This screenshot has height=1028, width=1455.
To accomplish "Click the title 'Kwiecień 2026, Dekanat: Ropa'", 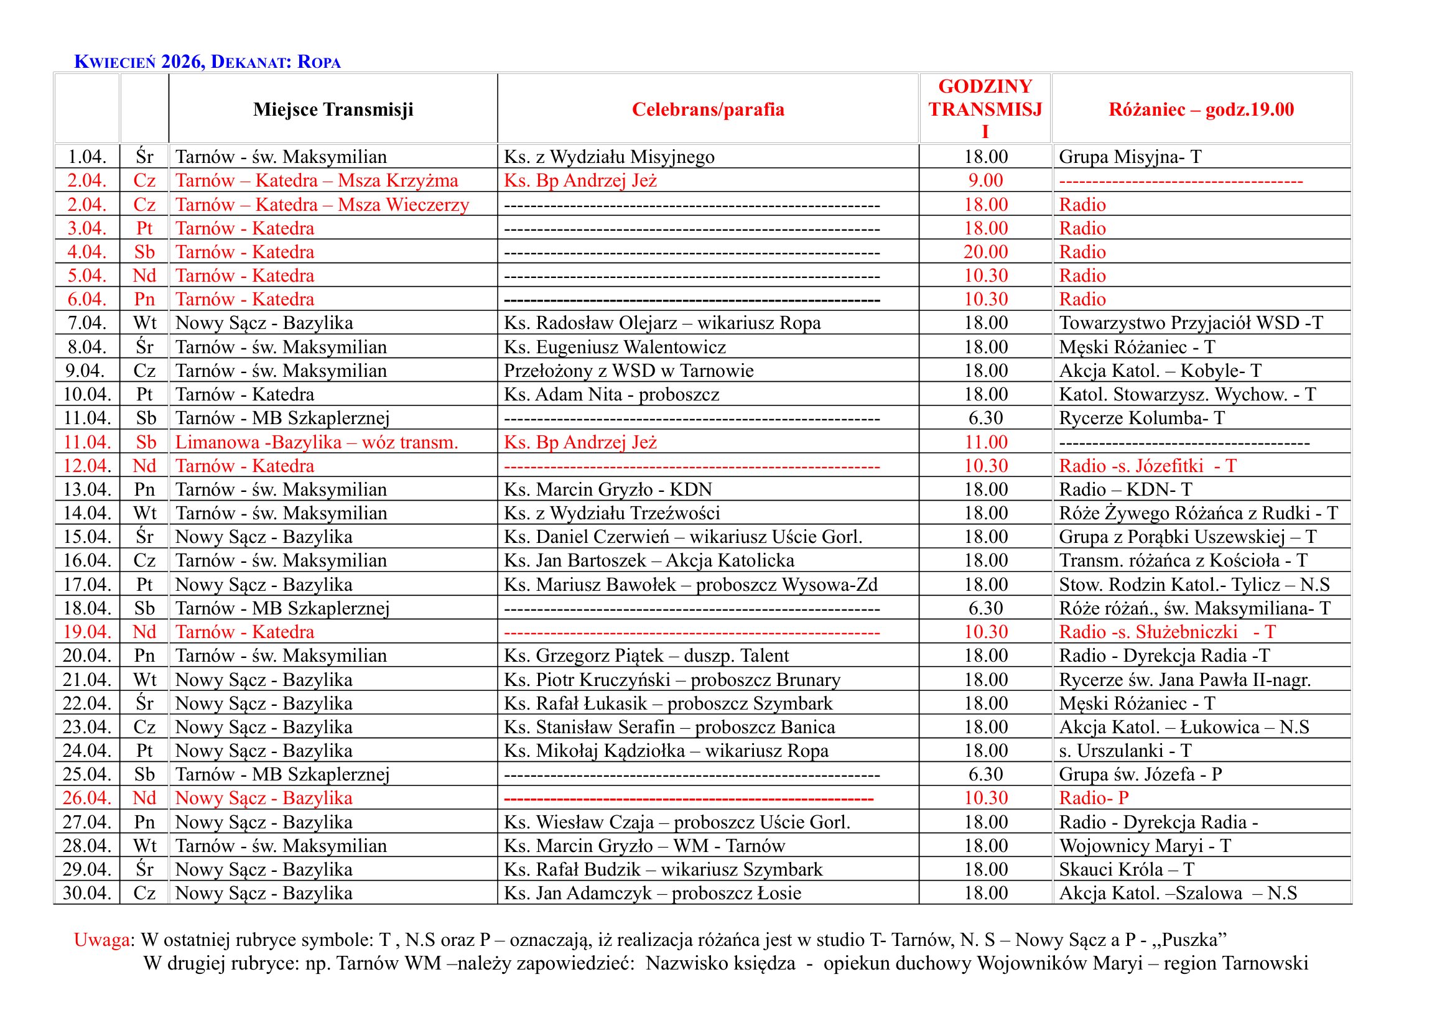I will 207,62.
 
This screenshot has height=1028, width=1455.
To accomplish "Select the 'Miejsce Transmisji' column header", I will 333,109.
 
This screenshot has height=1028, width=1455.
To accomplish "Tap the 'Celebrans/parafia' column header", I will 708,109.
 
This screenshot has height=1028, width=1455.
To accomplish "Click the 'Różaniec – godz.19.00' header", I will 1201,109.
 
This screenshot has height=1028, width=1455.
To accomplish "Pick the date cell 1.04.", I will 87,157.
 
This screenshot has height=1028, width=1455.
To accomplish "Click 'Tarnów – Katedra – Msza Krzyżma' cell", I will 316,180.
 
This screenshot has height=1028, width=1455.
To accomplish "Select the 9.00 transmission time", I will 985,180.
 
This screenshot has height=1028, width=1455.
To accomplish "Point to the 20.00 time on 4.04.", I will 985,252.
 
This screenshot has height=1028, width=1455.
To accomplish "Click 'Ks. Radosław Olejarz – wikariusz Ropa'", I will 662,323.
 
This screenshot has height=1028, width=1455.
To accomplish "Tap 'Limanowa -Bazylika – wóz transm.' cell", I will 316,442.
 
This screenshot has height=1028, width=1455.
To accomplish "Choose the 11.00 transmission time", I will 985,442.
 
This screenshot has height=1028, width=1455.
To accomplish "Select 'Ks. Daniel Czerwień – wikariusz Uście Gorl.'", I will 682,537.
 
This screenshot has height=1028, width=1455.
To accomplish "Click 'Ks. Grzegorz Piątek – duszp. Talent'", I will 646,655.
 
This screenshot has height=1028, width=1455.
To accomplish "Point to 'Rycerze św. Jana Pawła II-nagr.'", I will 1184,680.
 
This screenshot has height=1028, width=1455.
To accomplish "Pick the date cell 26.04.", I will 87,798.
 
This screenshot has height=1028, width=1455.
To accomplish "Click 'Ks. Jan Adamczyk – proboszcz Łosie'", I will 652,893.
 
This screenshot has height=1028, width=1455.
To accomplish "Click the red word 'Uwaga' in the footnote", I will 101,939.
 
